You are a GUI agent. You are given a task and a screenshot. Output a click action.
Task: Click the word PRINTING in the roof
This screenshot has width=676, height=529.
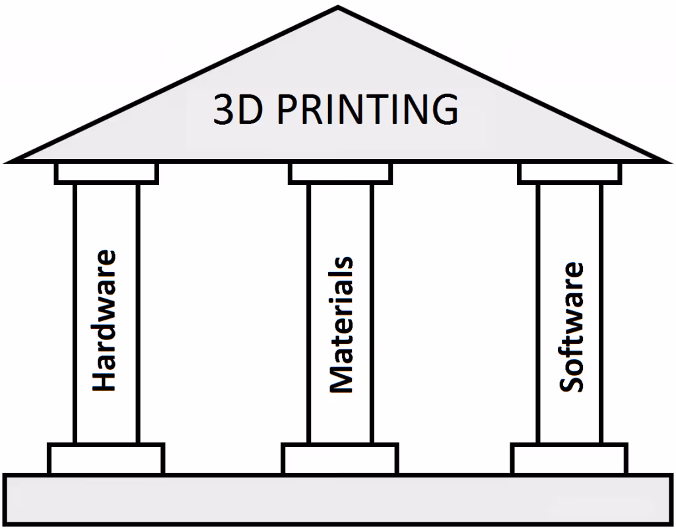367,110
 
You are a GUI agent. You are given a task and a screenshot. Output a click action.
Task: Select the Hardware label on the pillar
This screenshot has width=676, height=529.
104,320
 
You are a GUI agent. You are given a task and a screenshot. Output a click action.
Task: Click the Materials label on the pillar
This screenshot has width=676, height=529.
341,325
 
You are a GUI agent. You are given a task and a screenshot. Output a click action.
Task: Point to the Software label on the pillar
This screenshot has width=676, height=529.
571,327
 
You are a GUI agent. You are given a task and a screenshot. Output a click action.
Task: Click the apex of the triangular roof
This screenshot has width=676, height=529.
338,9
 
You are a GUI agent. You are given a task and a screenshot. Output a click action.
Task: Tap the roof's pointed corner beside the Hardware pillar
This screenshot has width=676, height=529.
11,159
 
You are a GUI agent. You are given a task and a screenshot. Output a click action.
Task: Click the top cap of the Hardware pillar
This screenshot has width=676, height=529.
106,173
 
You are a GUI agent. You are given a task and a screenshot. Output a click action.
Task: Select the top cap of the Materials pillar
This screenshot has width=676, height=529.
340,173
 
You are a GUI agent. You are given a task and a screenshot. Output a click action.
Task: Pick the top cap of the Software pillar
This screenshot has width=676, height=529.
570,173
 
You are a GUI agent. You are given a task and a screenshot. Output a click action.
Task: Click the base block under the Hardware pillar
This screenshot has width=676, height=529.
106,458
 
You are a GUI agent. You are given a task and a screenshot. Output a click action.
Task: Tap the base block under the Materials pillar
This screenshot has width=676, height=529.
340,458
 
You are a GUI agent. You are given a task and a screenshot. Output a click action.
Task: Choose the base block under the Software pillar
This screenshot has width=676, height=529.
570,458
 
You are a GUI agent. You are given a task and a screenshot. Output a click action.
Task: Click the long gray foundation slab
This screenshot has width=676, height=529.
338,499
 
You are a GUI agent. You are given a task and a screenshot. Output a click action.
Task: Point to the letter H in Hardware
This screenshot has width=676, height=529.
104,380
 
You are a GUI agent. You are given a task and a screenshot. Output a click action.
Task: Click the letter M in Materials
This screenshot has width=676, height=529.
341,378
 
